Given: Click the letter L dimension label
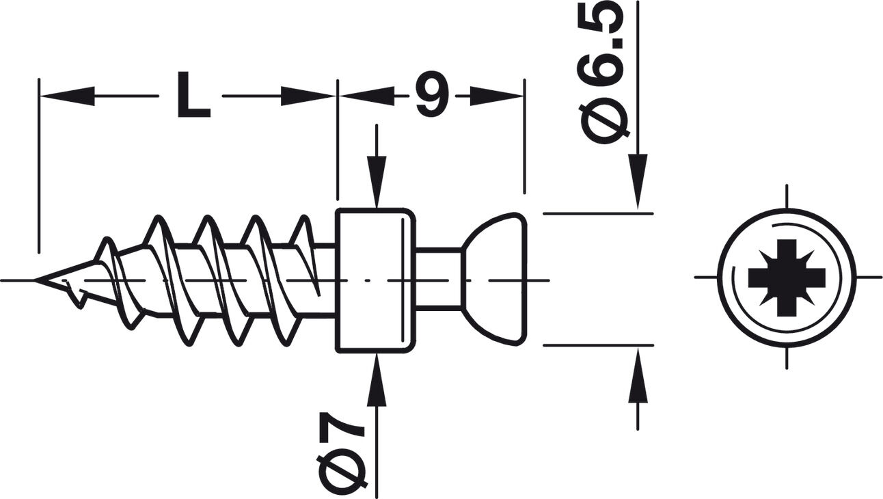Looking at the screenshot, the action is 193,95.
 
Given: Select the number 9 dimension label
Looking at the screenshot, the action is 432,95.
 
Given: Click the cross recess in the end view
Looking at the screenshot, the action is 787,278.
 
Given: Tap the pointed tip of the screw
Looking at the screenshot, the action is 35,280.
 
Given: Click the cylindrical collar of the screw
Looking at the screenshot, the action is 375,280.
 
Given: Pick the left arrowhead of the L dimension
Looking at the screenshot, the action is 68,96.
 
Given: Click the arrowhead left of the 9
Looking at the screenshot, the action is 367,96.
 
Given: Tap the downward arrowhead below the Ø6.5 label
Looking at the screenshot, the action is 638,181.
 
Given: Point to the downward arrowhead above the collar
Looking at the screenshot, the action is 377,181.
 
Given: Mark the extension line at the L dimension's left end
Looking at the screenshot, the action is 39,165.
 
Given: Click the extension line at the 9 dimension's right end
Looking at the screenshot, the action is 524,136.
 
